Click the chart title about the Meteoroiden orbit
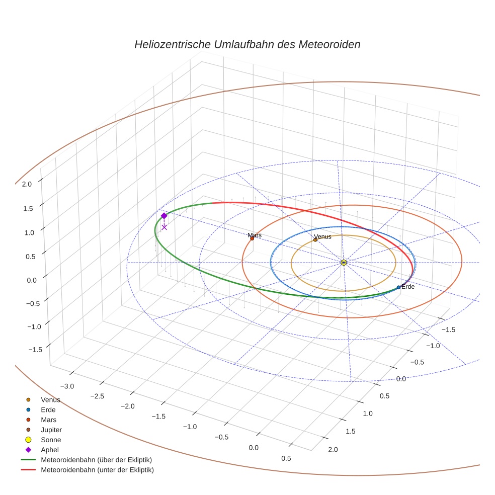(247, 44)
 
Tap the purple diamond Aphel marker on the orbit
(164, 216)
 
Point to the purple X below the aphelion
(164, 227)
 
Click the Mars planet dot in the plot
(252, 238)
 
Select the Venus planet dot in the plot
(315, 239)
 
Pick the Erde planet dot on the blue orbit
(398, 287)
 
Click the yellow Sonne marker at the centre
(344, 263)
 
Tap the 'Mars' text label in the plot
(255, 235)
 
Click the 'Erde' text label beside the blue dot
(408, 287)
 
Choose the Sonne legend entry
(51, 440)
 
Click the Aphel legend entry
(50, 450)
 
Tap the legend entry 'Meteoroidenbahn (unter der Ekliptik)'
(97, 470)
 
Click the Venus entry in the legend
(50, 399)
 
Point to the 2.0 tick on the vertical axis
(27, 184)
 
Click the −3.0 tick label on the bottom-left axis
(67, 386)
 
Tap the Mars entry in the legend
(49, 420)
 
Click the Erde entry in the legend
(48, 409)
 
